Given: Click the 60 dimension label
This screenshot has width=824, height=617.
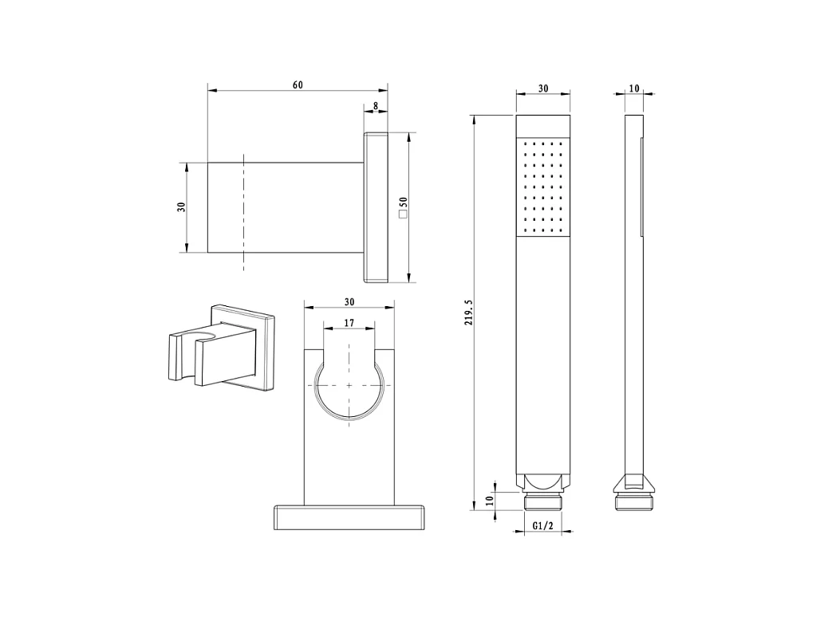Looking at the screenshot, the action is [298, 85].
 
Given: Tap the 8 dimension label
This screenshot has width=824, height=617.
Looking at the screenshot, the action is [375, 106].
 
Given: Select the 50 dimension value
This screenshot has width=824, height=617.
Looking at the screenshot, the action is [403, 202].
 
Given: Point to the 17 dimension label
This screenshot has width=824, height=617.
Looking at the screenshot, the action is [349, 323].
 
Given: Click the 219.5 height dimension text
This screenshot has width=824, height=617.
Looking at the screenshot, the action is [468, 312].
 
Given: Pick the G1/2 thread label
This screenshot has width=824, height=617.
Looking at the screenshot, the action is [543, 525].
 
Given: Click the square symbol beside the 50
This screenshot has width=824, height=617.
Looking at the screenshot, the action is [403, 214].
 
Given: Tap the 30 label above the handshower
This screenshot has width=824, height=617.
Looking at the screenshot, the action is [543, 88].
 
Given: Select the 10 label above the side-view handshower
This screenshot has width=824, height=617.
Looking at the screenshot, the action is [634, 88].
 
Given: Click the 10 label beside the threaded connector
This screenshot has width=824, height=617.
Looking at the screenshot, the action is [489, 501].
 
